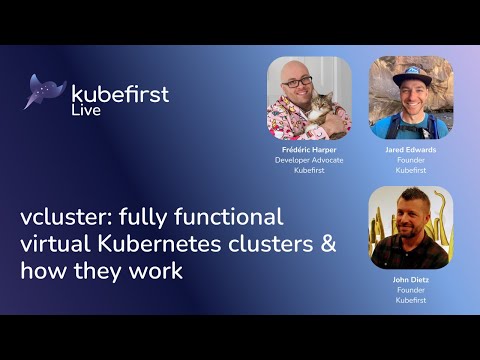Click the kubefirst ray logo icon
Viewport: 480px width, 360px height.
[45, 91]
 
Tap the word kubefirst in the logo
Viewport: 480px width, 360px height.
[120, 94]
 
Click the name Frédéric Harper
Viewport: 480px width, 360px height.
[309, 149]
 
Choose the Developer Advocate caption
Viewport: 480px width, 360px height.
[309, 160]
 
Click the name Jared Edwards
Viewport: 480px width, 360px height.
[410, 149]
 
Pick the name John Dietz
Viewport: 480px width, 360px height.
[410, 280]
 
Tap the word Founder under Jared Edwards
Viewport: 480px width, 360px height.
[410, 160]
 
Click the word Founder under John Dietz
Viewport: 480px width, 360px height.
[410, 291]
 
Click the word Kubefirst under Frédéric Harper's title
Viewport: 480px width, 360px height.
[309, 171]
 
